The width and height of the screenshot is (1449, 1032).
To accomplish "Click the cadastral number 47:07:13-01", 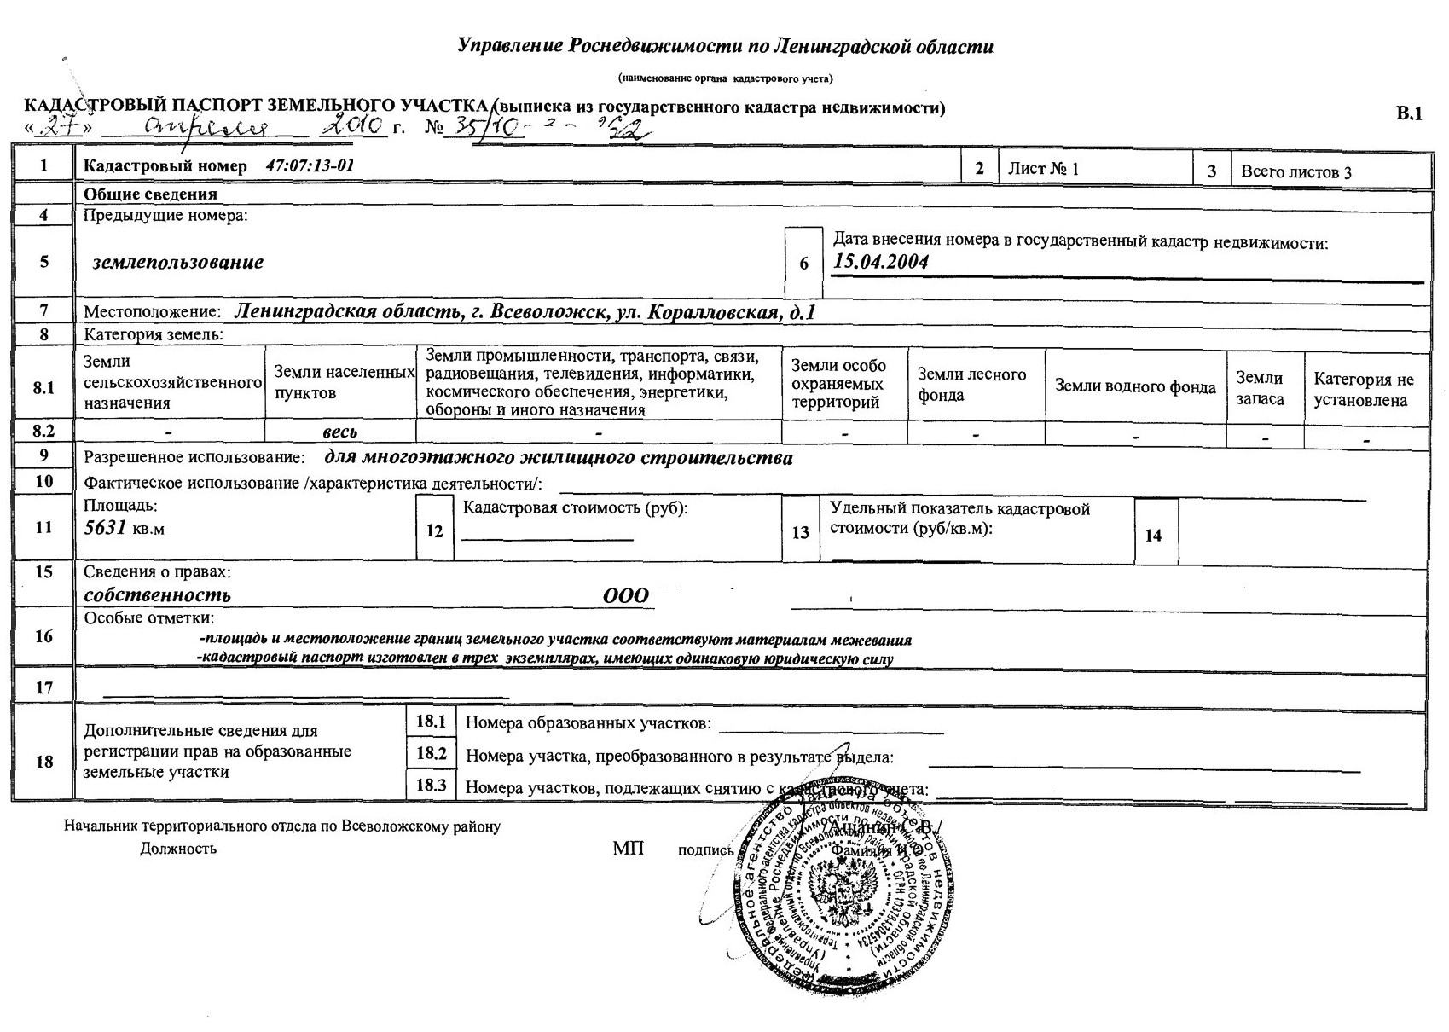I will (x=310, y=165).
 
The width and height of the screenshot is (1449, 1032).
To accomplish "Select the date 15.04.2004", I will (x=880, y=262).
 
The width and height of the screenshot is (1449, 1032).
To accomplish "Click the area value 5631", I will (x=105, y=528).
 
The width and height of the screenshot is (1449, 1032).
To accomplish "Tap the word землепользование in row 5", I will (x=178, y=262).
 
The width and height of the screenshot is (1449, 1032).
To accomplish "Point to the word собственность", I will (x=157, y=595).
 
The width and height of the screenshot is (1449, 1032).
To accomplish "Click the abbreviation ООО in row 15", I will (x=626, y=596).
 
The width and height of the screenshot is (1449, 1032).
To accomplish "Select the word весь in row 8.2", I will (x=339, y=432).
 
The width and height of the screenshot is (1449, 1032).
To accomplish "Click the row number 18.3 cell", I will (x=432, y=785).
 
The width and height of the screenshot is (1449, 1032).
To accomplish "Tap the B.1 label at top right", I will (x=1410, y=114).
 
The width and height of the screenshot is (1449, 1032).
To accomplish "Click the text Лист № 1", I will (x=1043, y=168).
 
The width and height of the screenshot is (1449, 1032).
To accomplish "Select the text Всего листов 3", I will (x=1295, y=171).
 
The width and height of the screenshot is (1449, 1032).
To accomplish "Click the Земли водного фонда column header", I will (x=1135, y=386).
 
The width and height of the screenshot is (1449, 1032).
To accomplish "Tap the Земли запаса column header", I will (x=1260, y=388).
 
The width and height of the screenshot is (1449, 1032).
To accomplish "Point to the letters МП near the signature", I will (x=628, y=848).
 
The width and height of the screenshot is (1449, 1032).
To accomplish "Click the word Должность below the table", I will (x=178, y=849).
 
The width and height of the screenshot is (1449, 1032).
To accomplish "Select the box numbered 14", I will (x=1153, y=536).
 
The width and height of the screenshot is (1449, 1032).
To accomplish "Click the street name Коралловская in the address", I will (x=713, y=312).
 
